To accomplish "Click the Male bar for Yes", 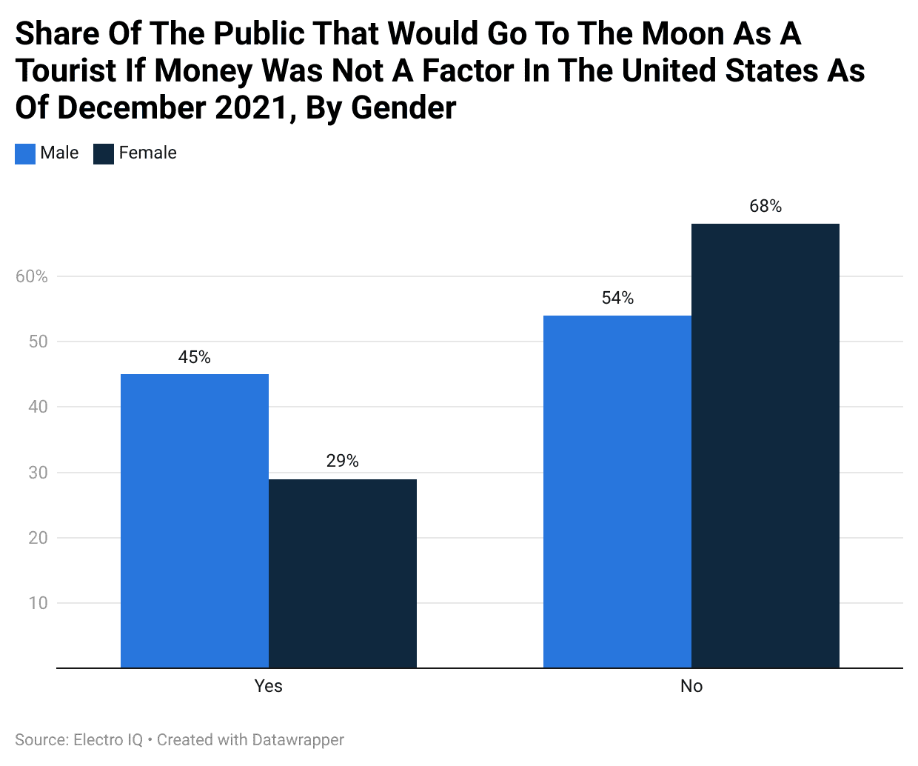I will coord(194,521).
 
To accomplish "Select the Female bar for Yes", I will coord(342,573).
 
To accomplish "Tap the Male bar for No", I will coord(617,492).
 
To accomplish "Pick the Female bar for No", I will coord(765,446).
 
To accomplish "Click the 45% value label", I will coord(194,357).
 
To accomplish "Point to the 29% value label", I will coord(342,461).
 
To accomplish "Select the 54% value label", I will coord(617,298).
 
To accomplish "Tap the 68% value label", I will coord(765,206).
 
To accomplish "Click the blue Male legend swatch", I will coord(25,153).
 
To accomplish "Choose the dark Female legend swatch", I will coord(104,153).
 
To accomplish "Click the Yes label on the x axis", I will coord(268,686).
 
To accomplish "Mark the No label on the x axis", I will coord(691,686).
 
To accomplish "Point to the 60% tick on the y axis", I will coord(32,276).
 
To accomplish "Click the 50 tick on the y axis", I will coord(38,342).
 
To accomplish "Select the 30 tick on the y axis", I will coord(38,473).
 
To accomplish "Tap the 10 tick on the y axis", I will coord(38,603).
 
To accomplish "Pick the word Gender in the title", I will coord(403,108).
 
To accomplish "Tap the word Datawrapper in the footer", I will coord(298,739).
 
